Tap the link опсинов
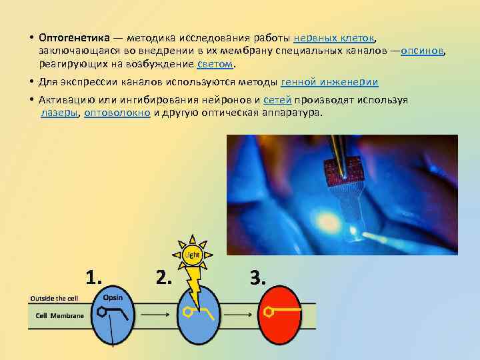coord(423,51)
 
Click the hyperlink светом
coord(215,65)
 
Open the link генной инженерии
coord(330,83)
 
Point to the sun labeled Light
coord(192,254)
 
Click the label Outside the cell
coord(55,298)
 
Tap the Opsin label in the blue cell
coord(113,297)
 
